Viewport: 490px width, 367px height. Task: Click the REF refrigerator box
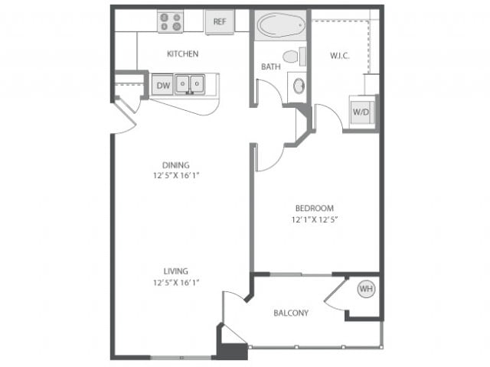tap(220, 21)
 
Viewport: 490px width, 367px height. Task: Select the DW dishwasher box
tap(162, 85)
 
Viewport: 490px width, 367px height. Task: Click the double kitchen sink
tap(189, 83)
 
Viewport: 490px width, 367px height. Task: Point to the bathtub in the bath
tap(280, 25)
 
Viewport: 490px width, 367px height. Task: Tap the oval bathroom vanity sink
tap(298, 86)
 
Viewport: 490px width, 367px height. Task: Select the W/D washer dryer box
tap(360, 110)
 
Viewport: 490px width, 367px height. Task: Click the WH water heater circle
tap(366, 289)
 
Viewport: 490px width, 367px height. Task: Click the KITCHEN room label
tap(183, 54)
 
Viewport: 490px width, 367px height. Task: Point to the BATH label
tap(270, 67)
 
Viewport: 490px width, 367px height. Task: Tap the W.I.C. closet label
tap(340, 56)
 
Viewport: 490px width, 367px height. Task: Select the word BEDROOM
tap(315, 208)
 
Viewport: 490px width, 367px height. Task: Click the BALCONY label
tap(290, 313)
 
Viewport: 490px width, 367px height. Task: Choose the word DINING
tap(175, 164)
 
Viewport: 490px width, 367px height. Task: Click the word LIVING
tap(175, 271)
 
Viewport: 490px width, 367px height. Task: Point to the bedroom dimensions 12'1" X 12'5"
tap(315, 220)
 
